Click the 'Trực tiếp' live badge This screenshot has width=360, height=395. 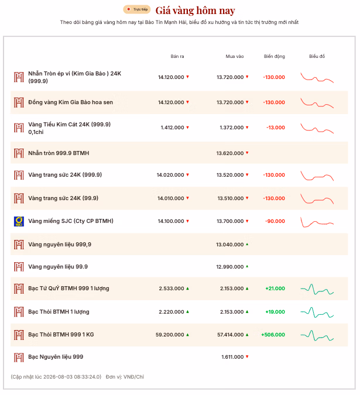137,9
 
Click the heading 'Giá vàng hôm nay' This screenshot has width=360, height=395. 196,11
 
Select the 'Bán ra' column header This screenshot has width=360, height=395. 177,56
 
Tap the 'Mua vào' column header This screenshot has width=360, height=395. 235,56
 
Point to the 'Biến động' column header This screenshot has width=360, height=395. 275,56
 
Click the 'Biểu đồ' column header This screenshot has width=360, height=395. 317,56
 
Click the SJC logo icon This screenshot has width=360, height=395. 19,221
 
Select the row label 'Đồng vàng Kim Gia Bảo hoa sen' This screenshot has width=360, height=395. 71,102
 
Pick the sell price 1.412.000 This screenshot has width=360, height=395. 173,128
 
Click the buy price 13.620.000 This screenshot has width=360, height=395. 230,153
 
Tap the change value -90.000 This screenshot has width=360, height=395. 275,221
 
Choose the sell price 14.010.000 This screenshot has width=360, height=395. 171,198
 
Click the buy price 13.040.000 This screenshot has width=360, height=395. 229,245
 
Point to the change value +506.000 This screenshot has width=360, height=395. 273,335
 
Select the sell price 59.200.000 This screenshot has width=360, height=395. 170,335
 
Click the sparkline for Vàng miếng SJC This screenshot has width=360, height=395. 317,222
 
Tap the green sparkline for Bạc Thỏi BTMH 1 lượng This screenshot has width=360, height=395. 317,312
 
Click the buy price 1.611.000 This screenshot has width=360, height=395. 232,357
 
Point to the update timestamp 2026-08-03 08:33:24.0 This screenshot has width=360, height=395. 72,377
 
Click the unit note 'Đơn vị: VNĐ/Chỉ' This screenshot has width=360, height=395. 125,377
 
